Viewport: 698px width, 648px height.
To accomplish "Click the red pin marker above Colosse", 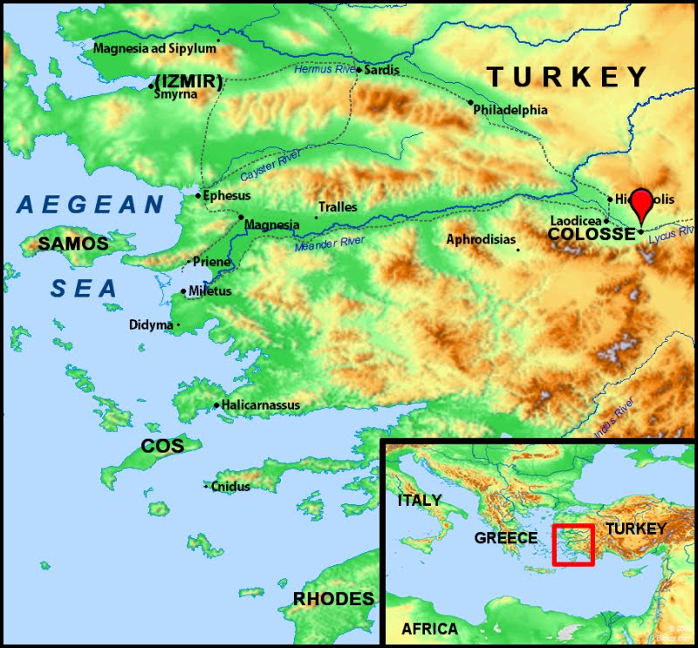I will coord(641,202).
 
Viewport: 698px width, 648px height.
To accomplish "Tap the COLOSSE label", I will coord(591,235).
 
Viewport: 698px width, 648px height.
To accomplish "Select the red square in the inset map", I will coord(573,545).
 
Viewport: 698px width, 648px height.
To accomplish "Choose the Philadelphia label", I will coord(510,110).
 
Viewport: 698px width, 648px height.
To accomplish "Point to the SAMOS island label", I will coord(72,244).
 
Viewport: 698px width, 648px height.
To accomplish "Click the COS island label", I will coord(162,446).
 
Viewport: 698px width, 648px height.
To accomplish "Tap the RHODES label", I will coord(333,599).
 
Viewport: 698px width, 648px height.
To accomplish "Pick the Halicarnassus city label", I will coord(261,405).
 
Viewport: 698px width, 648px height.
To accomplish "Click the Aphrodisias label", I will coord(481,239).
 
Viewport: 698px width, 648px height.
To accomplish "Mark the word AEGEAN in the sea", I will coord(91,206).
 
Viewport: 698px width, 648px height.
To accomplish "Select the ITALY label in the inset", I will coord(420,501).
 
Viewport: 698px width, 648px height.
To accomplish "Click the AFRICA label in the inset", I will coord(429,629).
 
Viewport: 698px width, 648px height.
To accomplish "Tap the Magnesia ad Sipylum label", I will coord(154,48).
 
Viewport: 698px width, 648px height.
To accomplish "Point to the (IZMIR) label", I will coord(188,82).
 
